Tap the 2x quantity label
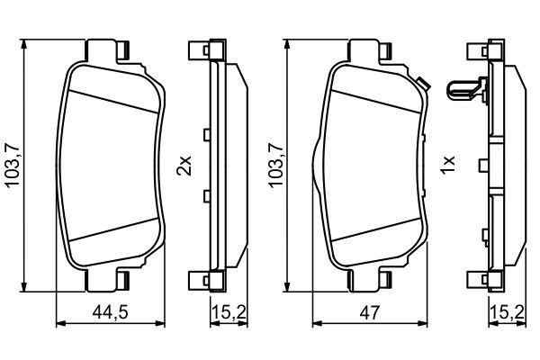pos(184,166)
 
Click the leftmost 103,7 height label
pos(12,166)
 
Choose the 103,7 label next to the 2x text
pos(274,166)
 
